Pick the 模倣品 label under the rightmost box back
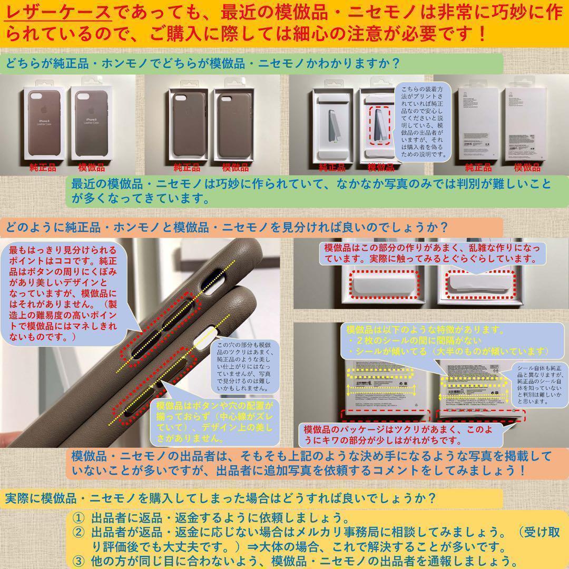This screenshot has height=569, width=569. click(527, 168)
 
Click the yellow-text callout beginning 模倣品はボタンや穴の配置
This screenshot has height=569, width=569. click(216, 421)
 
